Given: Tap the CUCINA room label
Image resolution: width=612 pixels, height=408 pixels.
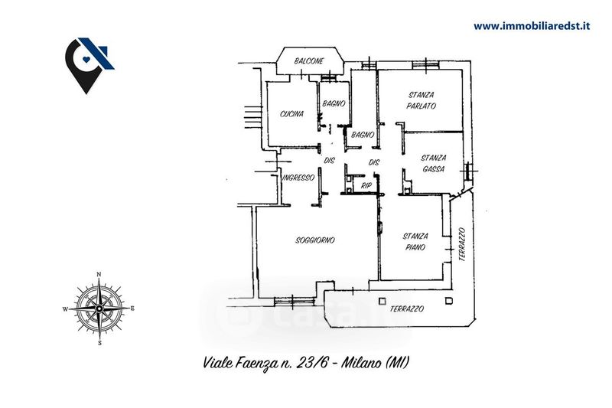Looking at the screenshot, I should [x=291, y=114].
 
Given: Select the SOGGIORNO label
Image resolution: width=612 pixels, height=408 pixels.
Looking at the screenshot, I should [x=315, y=240].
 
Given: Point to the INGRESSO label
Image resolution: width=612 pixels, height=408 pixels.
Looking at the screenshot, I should [x=298, y=178].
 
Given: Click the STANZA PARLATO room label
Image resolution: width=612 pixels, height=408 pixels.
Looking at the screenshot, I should [x=421, y=100].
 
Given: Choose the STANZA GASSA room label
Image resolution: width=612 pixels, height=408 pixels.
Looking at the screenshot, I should [x=434, y=163].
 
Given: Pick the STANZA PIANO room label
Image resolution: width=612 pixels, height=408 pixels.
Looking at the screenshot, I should [x=417, y=241].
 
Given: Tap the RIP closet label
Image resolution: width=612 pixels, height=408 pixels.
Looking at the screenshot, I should [x=366, y=185].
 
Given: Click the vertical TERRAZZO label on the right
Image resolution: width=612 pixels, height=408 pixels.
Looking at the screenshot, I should [x=461, y=246].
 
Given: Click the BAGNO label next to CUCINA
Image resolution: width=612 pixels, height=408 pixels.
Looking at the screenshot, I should [x=334, y=103].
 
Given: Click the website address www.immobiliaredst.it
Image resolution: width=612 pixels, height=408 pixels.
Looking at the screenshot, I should [x=533, y=25].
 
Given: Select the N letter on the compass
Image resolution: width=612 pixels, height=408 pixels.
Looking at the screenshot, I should [x=99, y=274].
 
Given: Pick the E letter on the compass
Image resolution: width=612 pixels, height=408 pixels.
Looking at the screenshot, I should [x=133, y=308].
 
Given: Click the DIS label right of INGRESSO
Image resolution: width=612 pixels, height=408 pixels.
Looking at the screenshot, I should [x=330, y=161].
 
